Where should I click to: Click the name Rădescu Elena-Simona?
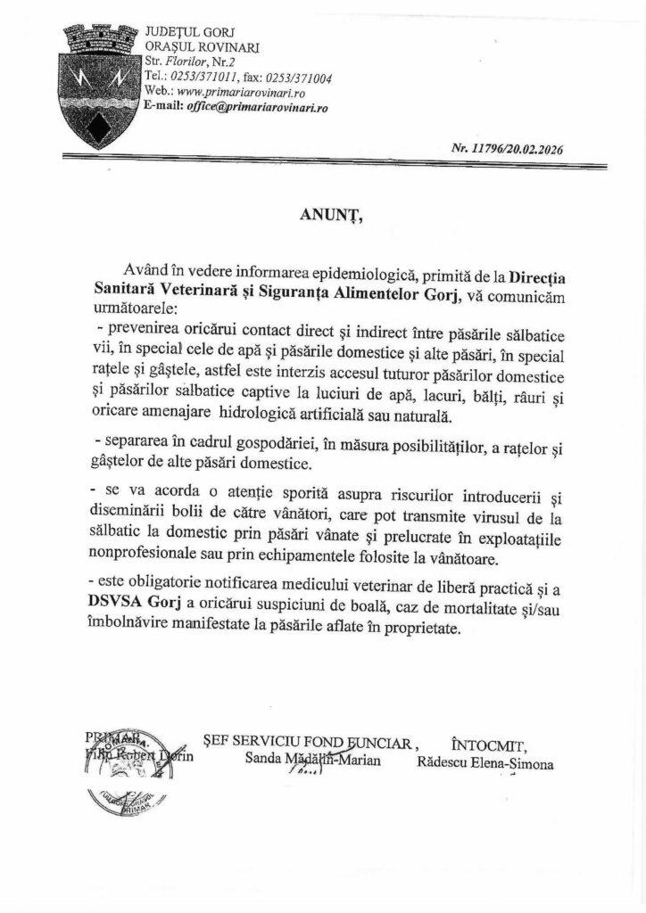pyautogui.click(x=484, y=764)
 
